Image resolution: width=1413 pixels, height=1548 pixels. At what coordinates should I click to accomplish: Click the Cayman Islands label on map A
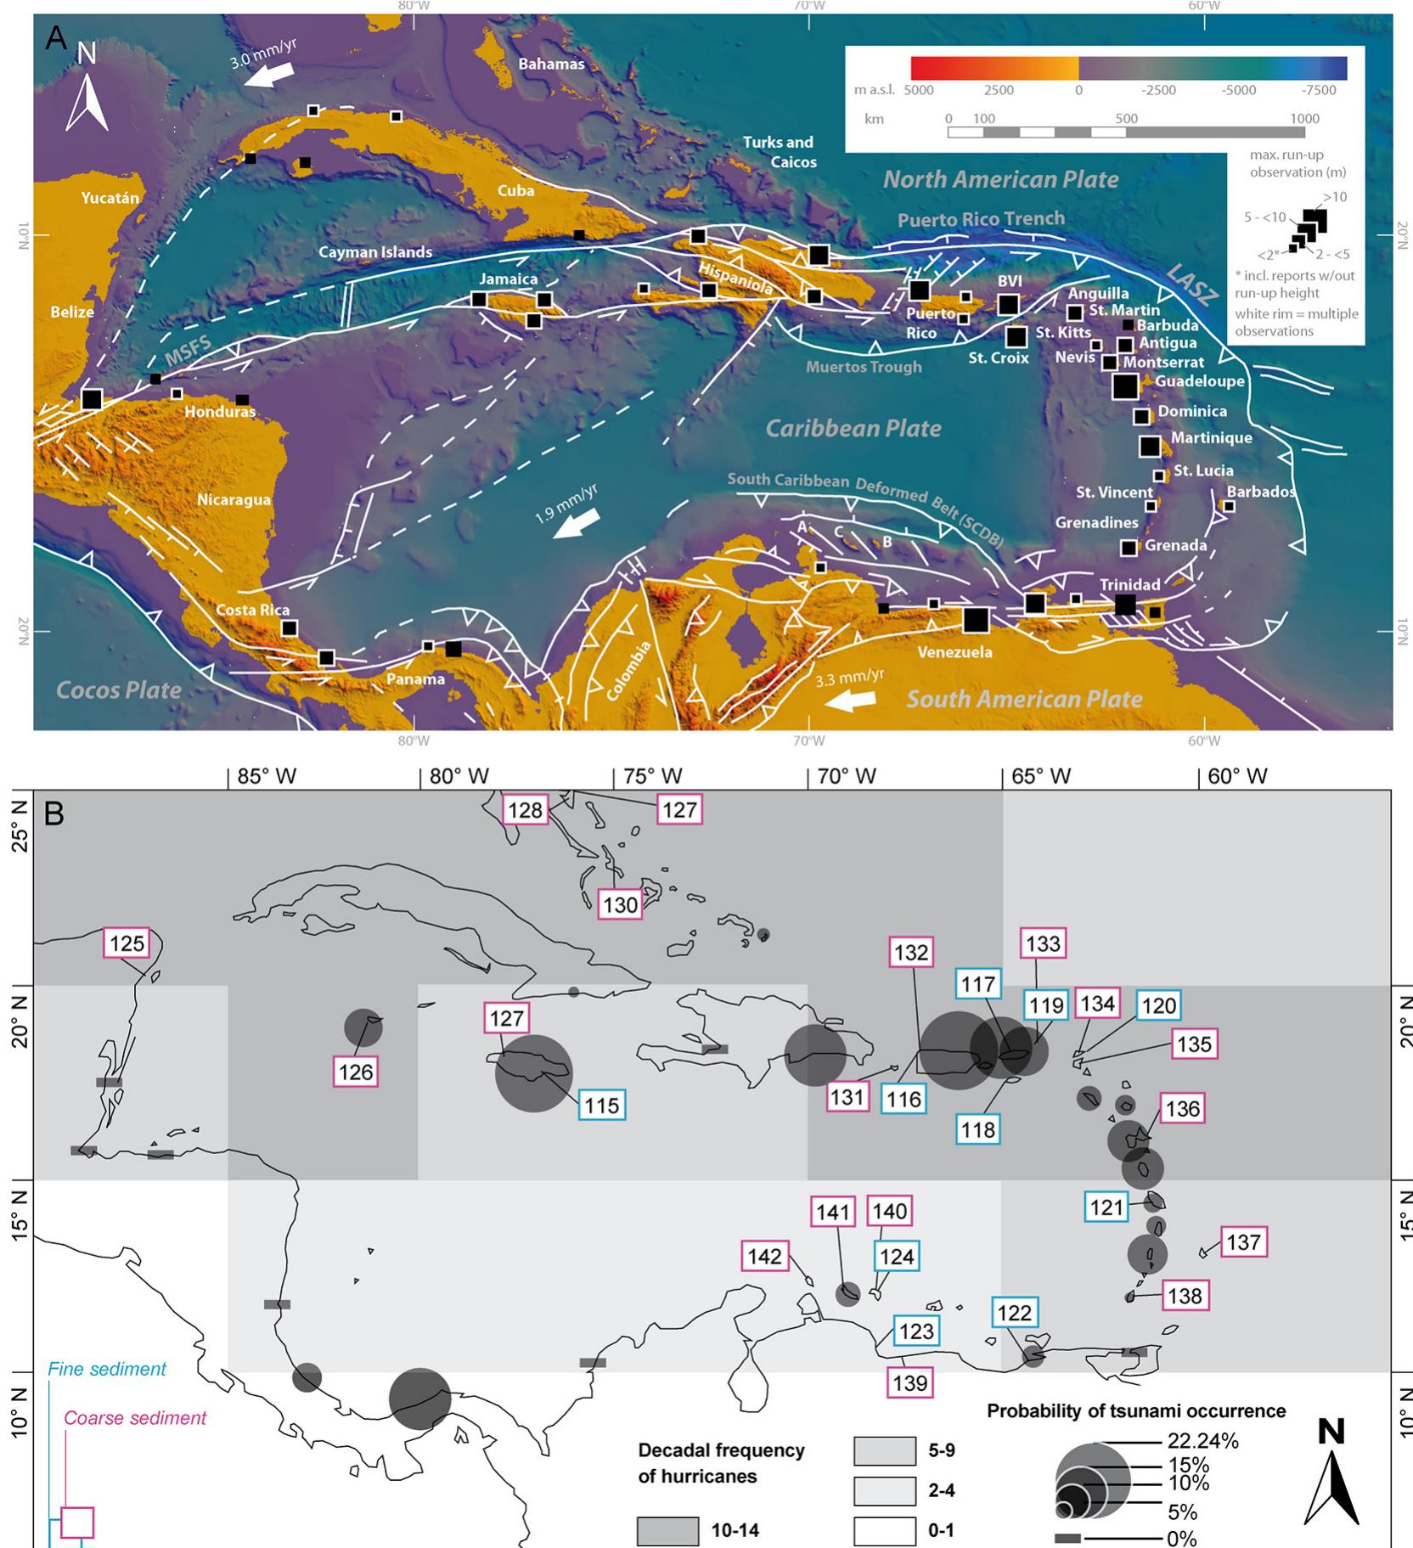374,251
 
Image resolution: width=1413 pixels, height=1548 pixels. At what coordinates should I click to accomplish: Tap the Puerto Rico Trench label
981,219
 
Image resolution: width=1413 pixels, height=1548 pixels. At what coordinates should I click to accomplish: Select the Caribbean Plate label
853,428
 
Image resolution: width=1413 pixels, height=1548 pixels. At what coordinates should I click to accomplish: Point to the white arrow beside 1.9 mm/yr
577,524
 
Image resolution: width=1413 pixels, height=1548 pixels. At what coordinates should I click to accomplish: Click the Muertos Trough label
863,367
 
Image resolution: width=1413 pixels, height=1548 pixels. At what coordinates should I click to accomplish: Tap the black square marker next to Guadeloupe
1125,386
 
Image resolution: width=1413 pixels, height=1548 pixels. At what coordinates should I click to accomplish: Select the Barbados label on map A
1261,492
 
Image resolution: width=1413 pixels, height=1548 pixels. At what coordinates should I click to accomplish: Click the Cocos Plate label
118,690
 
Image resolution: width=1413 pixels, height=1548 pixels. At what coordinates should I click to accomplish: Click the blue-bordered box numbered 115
602,1105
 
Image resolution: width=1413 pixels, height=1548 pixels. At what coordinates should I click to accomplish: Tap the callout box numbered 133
1043,943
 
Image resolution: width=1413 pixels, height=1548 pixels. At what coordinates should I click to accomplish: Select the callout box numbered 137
1243,1242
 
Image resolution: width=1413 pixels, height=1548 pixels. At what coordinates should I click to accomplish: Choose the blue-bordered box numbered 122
1014,1312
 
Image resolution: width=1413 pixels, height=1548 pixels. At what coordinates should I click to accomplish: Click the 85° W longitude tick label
267,775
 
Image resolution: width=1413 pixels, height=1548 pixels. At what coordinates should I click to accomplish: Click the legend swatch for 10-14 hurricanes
667,1531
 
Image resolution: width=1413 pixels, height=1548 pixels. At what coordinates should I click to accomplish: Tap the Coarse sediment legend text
135,1417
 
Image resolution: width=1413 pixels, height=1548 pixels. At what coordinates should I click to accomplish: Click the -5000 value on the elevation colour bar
1238,91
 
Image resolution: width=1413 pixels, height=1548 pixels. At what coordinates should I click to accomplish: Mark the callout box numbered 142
764,1256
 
